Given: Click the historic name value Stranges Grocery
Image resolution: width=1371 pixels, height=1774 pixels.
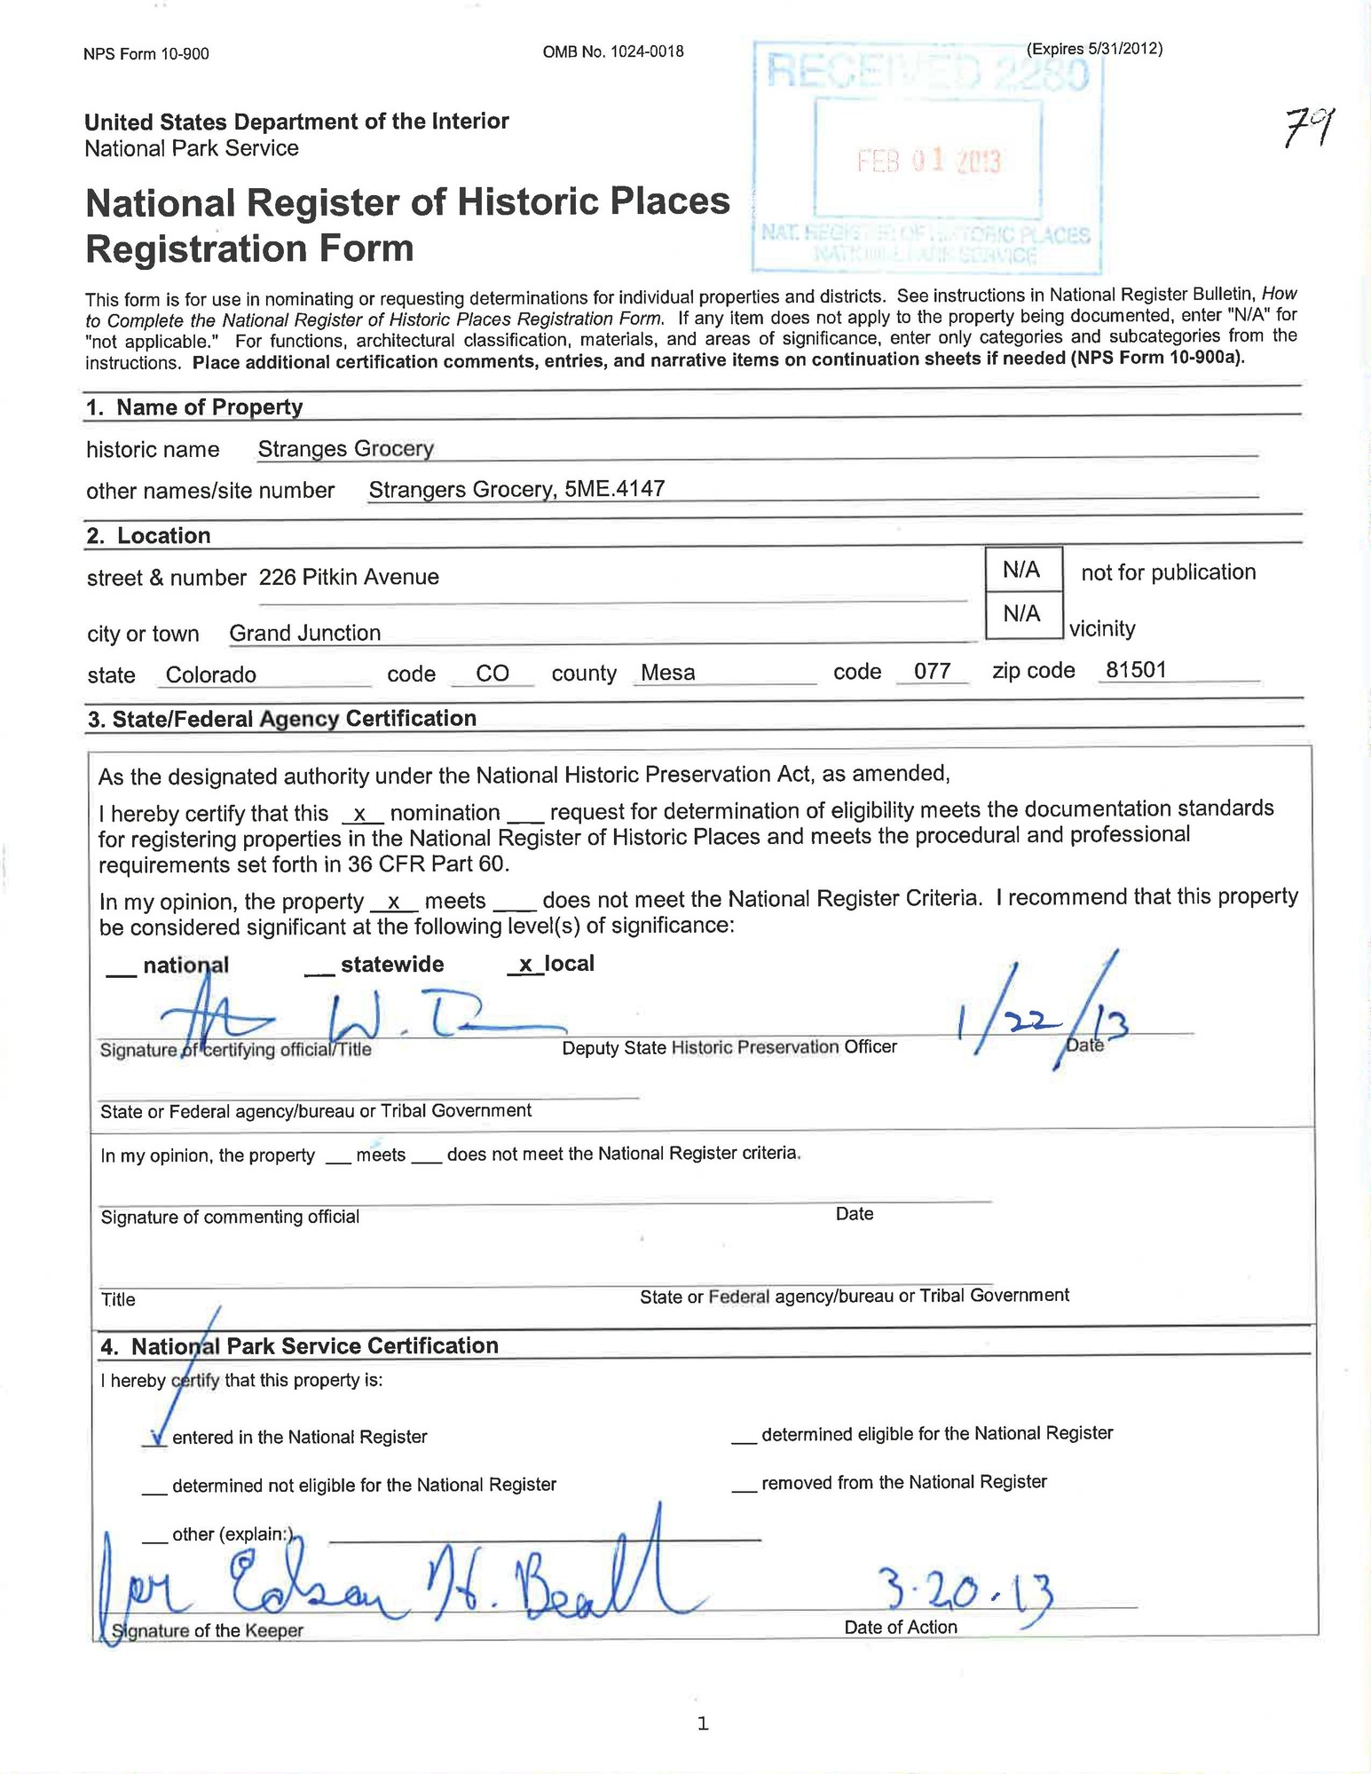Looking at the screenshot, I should pos(345,449).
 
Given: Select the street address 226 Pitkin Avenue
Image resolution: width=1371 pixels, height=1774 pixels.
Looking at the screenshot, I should pos(349,578).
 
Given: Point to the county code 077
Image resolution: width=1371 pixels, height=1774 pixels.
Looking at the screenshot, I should pos(933,672).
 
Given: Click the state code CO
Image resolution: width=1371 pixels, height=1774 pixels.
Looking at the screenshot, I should pos(492,674).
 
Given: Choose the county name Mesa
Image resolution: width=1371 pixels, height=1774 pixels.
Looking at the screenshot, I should pos(667,673).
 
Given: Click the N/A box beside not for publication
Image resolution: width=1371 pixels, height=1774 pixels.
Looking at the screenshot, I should pos(1021,570).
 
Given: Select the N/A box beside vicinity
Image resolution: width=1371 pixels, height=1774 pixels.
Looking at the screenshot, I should pos(1021,613).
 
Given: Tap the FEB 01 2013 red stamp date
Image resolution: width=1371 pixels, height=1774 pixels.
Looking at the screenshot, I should pos(928,162).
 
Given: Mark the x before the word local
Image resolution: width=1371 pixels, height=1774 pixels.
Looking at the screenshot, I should pos(525,965).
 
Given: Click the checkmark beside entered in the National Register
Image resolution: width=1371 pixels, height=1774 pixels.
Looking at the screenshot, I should pos(156,1438).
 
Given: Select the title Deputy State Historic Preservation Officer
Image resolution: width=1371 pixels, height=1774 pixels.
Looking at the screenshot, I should pos(729,1047).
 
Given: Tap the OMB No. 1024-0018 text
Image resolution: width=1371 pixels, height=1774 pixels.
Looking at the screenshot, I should pos(613,51).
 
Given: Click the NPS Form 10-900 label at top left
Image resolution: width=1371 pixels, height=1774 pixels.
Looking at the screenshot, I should pos(146,54).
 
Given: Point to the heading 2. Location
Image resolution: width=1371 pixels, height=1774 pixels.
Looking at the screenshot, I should pos(149,536).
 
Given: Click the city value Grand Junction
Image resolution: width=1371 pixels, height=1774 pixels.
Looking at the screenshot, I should pos(305,634).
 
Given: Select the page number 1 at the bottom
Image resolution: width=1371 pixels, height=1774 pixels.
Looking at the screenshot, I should pos(703,1724).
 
